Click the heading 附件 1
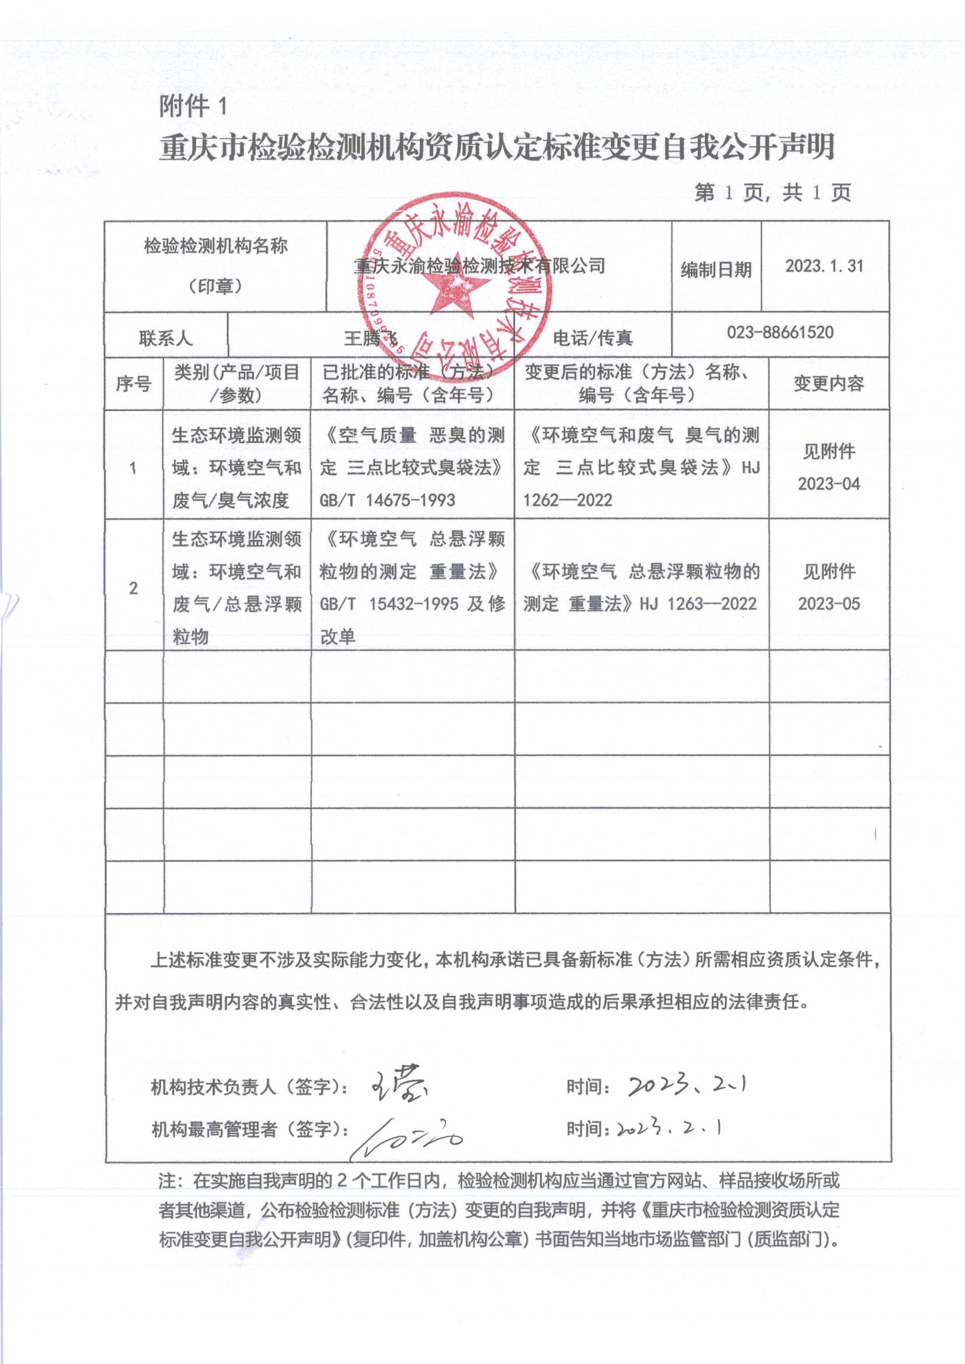[194, 107]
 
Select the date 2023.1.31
[824, 266]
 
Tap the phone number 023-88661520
[780, 332]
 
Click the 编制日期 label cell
[716, 270]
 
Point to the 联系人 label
[166, 339]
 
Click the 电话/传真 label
[593, 338]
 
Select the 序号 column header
[133, 384]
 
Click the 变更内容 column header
[828, 384]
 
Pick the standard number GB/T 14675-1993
[387, 500]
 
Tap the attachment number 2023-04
[828, 484]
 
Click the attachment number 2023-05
[828, 604]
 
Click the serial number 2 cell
[133, 589]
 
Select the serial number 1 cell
[133, 468]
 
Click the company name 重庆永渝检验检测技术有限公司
[479, 266]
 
